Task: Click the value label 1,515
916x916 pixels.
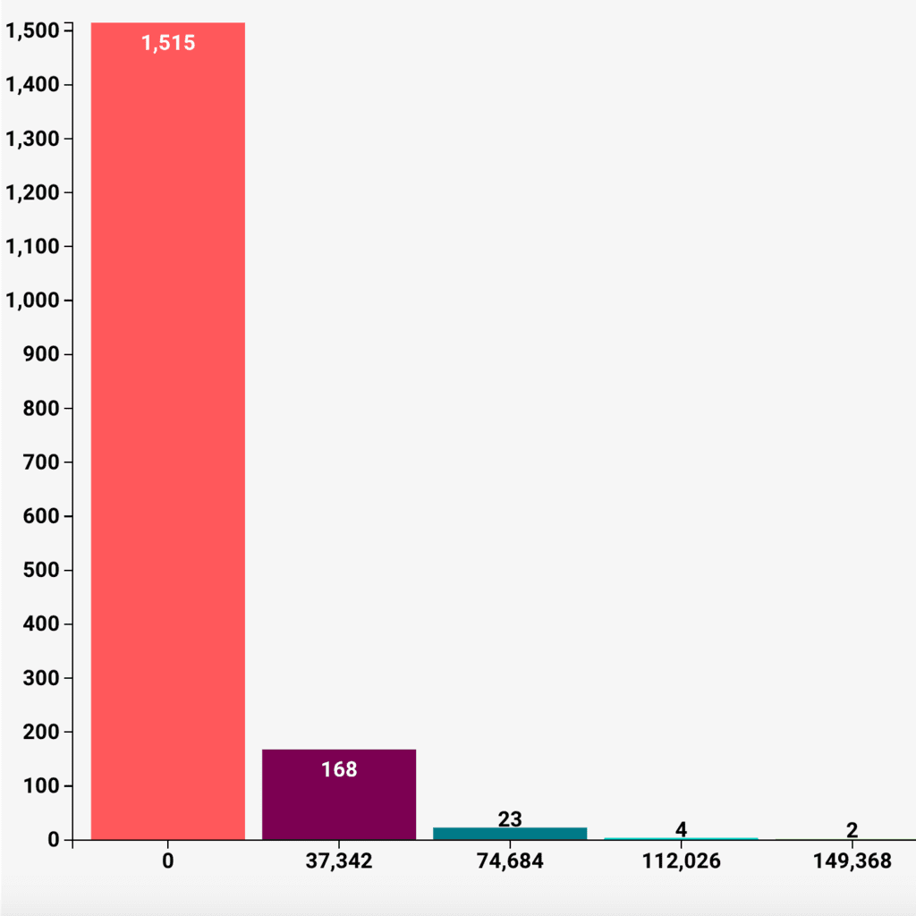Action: click(168, 43)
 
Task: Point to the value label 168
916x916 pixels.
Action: click(339, 769)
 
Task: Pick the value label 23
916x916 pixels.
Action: click(510, 818)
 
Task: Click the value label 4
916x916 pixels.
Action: click(681, 829)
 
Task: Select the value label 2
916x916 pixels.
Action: click(852, 830)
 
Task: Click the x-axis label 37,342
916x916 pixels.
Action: click(339, 861)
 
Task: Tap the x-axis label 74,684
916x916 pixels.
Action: click(510, 861)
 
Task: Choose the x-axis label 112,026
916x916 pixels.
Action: click(681, 861)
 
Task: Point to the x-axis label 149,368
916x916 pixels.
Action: click(852, 861)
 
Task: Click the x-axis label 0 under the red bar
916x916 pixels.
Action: click(168, 861)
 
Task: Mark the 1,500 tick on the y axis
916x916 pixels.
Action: click(32, 31)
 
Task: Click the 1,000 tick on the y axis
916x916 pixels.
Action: click(32, 301)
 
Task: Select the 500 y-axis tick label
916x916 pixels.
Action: click(40, 570)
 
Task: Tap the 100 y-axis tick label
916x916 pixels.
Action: click(40, 785)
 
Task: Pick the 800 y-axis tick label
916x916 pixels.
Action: click(40, 409)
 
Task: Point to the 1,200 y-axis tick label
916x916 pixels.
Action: click(32, 193)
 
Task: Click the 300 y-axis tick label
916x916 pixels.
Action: click(40, 678)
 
